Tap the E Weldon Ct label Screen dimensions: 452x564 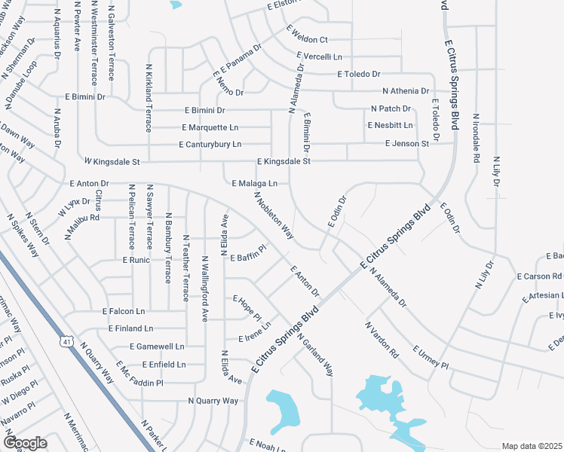tap(307, 34)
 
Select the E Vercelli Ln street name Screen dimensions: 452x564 tap(320, 56)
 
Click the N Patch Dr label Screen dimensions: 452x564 tap(391, 109)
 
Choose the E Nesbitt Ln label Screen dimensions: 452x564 tap(390, 125)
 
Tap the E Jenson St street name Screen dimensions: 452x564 tap(406, 143)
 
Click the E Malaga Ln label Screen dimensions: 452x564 tap(255, 183)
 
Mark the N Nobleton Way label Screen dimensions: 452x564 tap(274, 215)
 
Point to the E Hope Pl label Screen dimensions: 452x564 tap(247, 307)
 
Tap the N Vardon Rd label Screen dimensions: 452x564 tap(382, 341)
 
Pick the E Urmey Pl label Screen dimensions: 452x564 tap(431, 358)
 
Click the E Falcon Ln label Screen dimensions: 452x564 tap(123, 311)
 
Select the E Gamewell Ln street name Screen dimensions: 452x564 tap(157, 347)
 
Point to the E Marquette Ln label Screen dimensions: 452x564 tap(210, 127)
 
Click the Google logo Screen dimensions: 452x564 tap(25, 443)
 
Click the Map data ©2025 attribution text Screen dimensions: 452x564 tap(532, 446)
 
